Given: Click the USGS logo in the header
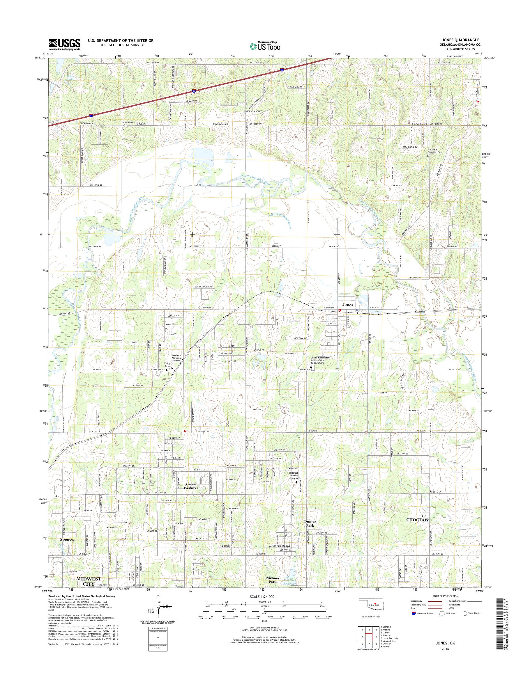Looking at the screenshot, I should (64, 44).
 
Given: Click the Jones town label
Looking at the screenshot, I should (347, 305).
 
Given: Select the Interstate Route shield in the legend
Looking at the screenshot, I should (413, 613).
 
